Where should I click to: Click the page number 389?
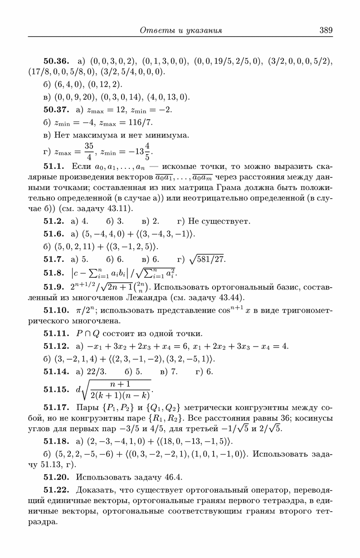pos(326,30)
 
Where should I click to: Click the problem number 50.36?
pos(56,61)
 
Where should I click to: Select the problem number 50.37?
pos(56,110)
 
